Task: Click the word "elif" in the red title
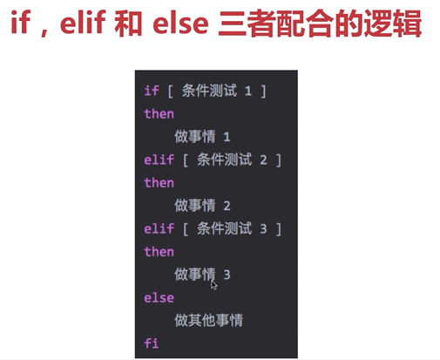[83, 23]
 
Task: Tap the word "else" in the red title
[180, 23]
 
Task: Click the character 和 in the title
[128, 24]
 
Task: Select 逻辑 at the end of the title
[393, 24]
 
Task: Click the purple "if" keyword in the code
[152, 91]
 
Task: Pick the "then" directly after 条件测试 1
[159, 113]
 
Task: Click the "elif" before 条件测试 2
[159, 160]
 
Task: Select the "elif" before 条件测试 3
[159, 228]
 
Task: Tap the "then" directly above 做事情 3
[159, 252]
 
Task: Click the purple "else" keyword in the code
[159, 298]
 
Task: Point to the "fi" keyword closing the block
[152, 343]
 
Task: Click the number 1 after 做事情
[227, 137]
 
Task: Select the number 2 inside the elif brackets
[263, 160]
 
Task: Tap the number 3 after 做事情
[227, 275]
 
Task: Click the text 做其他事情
[208, 320]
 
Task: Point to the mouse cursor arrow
[213, 285]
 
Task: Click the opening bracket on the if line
[171, 92]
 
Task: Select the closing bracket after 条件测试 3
[279, 229]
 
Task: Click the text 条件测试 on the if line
[209, 91]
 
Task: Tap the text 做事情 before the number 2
[195, 206]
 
